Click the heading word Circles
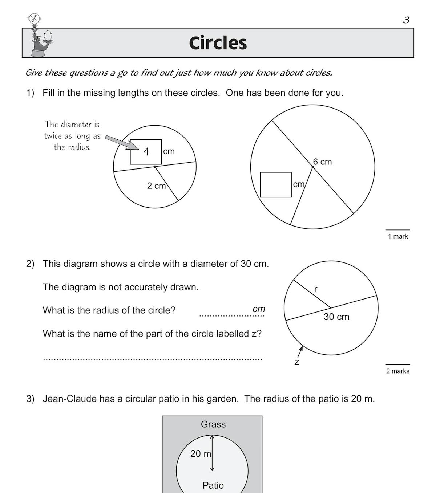[x=218, y=43]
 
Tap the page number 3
[x=406, y=20]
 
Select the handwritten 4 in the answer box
[x=146, y=151]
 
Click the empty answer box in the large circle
[x=276, y=185]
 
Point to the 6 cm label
[x=322, y=162]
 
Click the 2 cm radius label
[x=156, y=186]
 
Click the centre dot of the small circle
[x=155, y=167]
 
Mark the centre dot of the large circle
[x=312, y=167]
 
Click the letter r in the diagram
[x=315, y=289]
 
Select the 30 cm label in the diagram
[x=336, y=317]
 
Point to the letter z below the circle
[x=297, y=362]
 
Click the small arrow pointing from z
[x=300, y=351]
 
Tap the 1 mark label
[x=398, y=236]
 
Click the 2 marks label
[x=398, y=371]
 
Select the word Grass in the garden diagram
[x=213, y=424]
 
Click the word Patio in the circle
[x=213, y=485]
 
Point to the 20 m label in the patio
[x=201, y=453]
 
